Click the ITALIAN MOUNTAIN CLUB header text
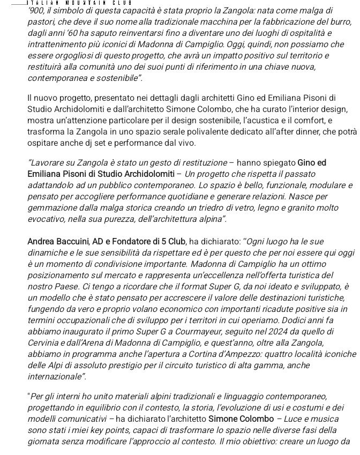78,3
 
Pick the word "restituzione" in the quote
200,162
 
